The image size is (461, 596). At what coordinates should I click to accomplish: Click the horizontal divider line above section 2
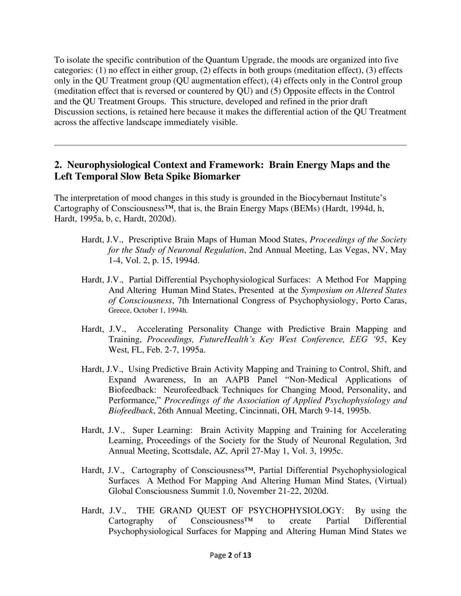point(230,145)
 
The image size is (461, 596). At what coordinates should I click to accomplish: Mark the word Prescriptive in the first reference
point(151,240)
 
